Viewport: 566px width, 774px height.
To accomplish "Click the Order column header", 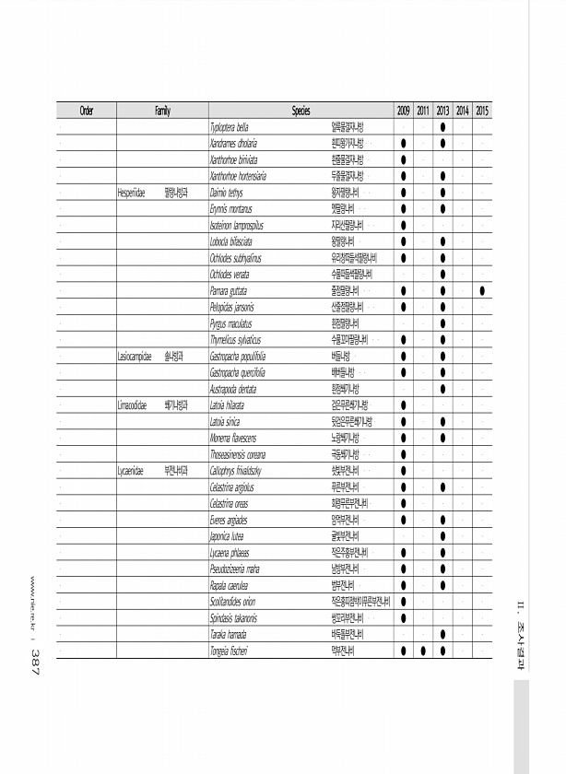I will pyautogui.click(x=87, y=111).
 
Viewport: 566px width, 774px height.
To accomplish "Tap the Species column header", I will pyautogui.click(x=301, y=111).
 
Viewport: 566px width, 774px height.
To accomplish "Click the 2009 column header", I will pyautogui.click(x=404, y=111).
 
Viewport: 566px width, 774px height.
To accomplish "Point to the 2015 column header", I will pyautogui.click(x=483, y=111).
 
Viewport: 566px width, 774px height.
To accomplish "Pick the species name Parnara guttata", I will pyautogui.click(x=231, y=290).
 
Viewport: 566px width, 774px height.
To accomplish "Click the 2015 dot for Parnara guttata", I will pyautogui.click(x=483, y=291).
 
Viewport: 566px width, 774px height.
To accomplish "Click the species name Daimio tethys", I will pyautogui.click(x=226, y=193).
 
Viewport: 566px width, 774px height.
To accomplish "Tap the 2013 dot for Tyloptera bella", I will pyautogui.click(x=443, y=127).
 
